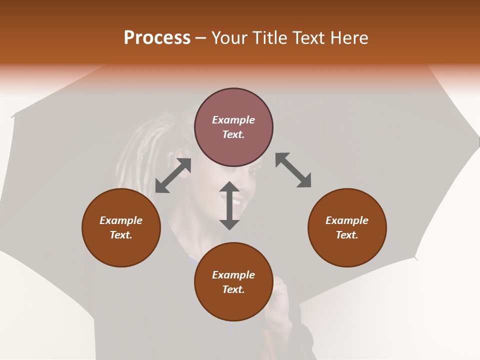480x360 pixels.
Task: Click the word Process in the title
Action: [x=157, y=38]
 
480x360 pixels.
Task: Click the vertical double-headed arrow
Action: [x=229, y=205]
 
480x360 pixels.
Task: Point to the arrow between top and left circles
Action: [x=173, y=175]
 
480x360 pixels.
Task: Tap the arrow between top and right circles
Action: [x=293, y=170]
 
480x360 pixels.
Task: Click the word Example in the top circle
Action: [x=233, y=120]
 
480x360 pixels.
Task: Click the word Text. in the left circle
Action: [x=121, y=235]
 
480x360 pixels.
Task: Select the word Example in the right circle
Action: [x=347, y=220]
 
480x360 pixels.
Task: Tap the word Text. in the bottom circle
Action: [x=233, y=289]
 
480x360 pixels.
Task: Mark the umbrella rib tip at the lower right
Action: [x=415, y=258]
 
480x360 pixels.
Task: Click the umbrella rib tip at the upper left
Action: [x=12, y=117]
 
